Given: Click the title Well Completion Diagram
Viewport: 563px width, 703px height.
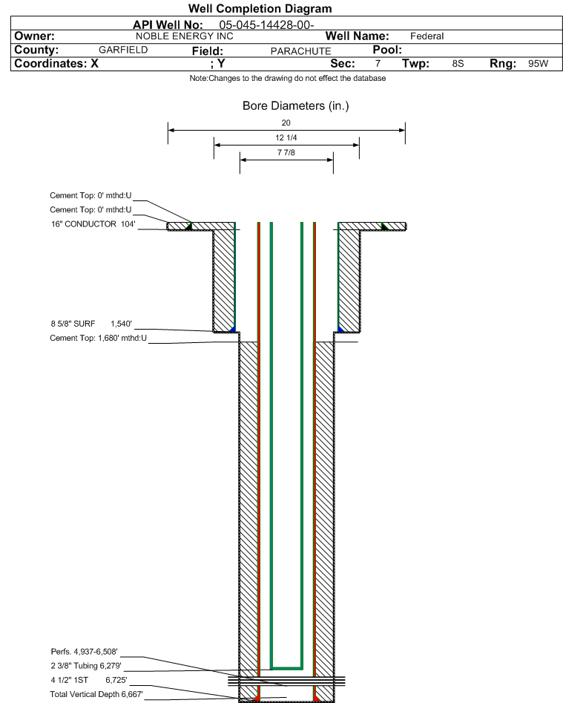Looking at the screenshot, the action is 260,8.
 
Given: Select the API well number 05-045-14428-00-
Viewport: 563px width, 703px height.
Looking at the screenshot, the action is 266,25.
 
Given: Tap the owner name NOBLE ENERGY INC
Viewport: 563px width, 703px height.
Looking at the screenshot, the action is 185,36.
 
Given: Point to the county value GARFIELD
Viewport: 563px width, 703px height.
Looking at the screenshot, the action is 123,50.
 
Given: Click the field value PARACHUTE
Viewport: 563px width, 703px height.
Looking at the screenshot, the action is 300,51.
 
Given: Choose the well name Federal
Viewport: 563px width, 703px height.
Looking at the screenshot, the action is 427,36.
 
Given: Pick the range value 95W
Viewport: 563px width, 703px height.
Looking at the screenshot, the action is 538,64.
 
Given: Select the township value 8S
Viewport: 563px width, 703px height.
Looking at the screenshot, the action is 458,64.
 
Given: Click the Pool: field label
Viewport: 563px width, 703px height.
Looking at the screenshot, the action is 387,50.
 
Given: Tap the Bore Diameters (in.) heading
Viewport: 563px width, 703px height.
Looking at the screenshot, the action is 296,106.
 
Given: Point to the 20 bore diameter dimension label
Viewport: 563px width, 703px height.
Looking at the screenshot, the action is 286,122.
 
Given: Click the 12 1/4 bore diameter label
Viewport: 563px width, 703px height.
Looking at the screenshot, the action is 286,137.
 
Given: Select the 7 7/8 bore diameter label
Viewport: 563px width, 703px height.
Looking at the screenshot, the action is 286,152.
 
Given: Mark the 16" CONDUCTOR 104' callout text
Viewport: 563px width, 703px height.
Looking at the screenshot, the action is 93,224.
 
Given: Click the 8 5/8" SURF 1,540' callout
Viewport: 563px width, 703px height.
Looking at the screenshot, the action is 91,324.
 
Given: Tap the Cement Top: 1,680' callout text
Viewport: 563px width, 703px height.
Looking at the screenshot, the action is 98,338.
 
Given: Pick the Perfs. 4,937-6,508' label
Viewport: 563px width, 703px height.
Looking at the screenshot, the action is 85,652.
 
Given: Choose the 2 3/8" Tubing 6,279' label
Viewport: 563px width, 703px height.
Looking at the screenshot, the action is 86,666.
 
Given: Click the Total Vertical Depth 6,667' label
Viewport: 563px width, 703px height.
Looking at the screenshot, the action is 96,695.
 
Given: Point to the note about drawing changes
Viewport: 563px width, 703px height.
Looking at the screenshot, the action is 288,79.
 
